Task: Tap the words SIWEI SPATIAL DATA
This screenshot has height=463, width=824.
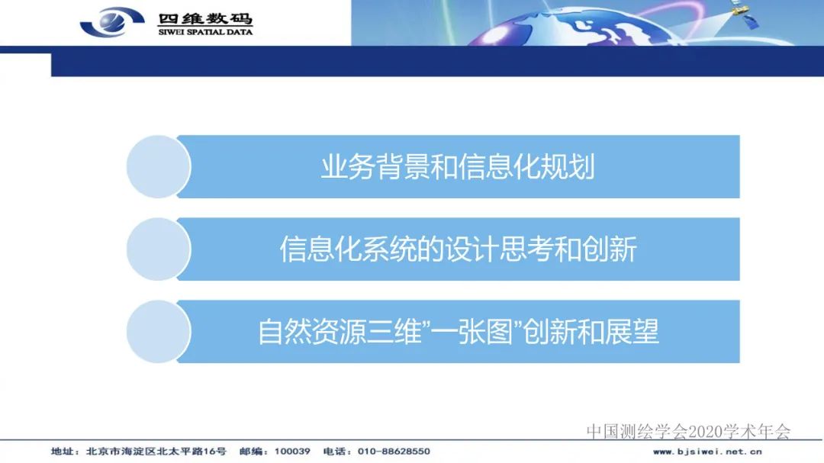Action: click(204, 32)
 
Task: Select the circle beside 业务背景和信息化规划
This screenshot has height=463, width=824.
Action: click(157, 167)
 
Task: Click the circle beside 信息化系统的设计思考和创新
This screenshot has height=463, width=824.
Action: click(157, 249)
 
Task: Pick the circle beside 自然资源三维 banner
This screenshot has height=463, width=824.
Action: click(157, 332)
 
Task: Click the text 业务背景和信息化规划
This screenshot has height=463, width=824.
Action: click(458, 167)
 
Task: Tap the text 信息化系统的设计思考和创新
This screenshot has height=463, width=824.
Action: click(458, 249)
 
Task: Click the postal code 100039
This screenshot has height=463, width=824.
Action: click(295, 452)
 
